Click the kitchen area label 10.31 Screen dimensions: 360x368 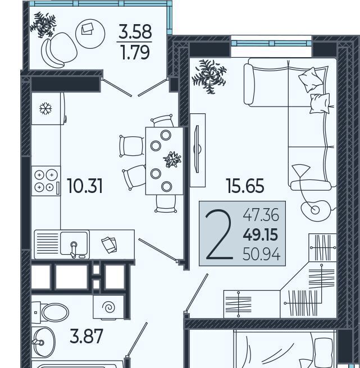coord(85,186)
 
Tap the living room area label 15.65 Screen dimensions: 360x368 coord(245,186)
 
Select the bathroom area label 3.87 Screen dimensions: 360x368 coord(86,336)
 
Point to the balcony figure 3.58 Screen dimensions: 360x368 coord(135,31)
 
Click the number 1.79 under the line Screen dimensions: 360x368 coord(135,52)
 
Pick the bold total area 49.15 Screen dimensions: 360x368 coord(261,234)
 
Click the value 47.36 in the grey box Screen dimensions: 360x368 coord(261,215)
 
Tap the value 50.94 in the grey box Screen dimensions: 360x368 coord(261,254)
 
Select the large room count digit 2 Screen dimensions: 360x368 coord(219,234)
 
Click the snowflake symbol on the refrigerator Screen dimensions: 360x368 coord(45,108)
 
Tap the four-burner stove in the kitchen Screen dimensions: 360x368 coord(46,181)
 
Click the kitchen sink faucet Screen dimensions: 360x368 coord(74,249)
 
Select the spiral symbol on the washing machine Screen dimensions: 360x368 coord(108,307)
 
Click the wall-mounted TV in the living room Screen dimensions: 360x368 coord(197,149)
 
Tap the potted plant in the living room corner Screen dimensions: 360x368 coord(209,76)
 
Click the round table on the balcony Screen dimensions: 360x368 coord(90,34)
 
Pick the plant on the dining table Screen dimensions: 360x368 coord(172,159)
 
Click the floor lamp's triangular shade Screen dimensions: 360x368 coord(301,171)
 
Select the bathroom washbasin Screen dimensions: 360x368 coord(44,342)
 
